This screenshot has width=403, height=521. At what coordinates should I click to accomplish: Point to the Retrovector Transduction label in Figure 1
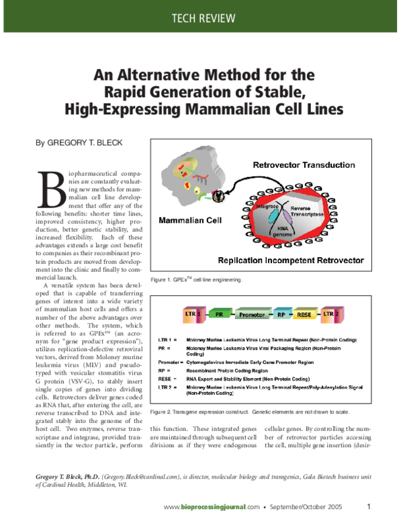pyautogui.click(x=304, y=164)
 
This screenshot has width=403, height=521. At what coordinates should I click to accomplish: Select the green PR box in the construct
pyautogui.click(x=219, y=314)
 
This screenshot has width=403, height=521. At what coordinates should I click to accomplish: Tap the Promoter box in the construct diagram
pyautogui.click(x=254, y=314)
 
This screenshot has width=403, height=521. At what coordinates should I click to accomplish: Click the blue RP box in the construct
pyautogui.click(x=283, y=314)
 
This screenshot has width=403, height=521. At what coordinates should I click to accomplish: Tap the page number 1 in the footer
pyautogui.click(x=369, y=506)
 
